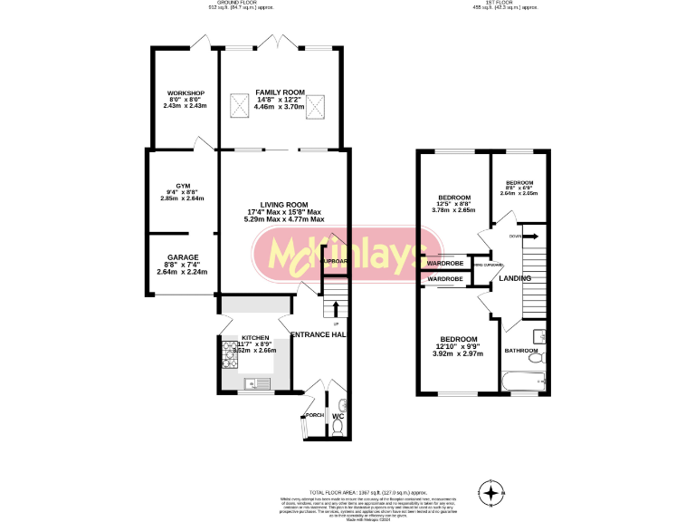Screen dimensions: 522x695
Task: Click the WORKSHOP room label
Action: pyautogui.click(x=185, y=93)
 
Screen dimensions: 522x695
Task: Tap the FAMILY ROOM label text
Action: pyautogui.click(x=279, y=92)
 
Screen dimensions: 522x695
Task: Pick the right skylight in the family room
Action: pyautogui.click(x=317, y=108)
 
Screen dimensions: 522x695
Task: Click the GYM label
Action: pyautogui.click(x=183, y=185)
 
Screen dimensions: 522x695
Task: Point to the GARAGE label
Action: pyautogui.click(x=183, y=257)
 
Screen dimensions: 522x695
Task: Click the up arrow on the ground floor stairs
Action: pyautogui.click(x=336, y=311)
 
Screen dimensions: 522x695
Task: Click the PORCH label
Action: pyautogui.click(x=315, y=416)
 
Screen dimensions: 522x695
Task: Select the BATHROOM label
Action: pyautogui.click(x=521, y=351)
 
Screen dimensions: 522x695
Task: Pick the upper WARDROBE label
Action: pyautogui.click(x=445, y=264)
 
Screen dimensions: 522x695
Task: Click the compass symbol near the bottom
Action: pyautogui.click(x=491, y=493)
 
